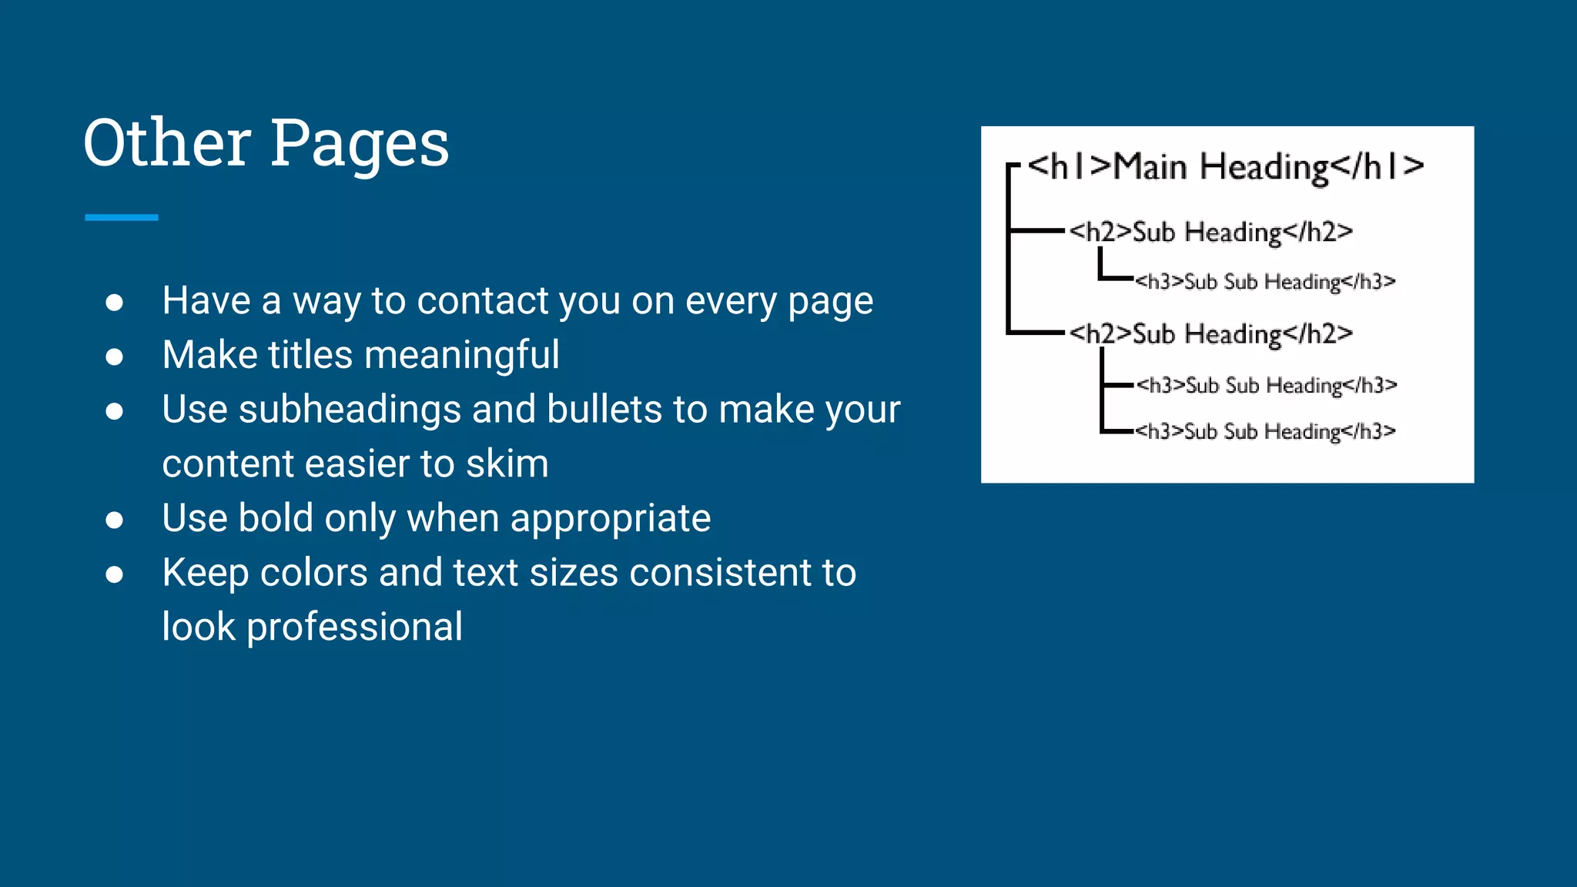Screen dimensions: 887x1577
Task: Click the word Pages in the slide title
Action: (x=360, y=144)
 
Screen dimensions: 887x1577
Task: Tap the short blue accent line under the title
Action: (x=122, y=218)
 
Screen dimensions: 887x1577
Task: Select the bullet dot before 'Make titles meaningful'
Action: (x=115, y=356)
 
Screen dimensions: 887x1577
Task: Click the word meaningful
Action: (x=461, y=355)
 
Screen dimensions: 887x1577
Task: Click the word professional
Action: (x=354, y=627)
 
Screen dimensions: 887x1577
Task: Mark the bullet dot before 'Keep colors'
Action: (x=115, y=574)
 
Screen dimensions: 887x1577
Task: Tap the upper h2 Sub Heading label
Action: (x=1210, y=232)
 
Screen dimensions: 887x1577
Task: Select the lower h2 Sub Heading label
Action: (x=1210, y=334)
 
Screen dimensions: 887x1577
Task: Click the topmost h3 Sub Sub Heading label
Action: (x=1265, y=282)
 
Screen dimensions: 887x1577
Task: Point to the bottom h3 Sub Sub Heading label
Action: (x=1265, y=431)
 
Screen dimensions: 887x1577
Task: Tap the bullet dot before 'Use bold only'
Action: (x=115, y=520)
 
